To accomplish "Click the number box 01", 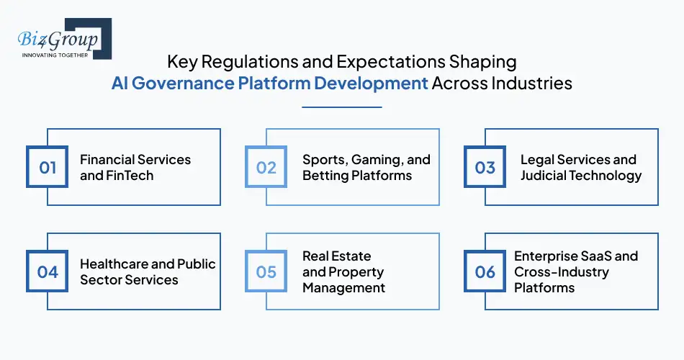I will pyautogui.click(x=48, y=168).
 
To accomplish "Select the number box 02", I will pyautogui.click(x=266, y=168).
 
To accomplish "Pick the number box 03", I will pyautogui.click(x=485, y=168).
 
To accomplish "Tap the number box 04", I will pyautogui.click(x=48, y=271).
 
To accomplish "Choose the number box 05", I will pyautogui.click(x=266, y=271).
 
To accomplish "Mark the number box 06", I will pyautogui.click(x=485, y=271).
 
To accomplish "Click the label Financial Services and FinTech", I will pyautogui.click(x=135, y=167).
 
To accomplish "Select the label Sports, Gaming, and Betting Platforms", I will pyautogui.click(x=366, y=167).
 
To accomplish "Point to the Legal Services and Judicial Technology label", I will pyautogui.click(x=580, y=167).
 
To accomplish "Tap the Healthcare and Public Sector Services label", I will pyautogui.click(x=148, y=271).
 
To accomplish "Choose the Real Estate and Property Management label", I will pyautogui.click(x=343, y=271).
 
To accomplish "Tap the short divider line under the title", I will pyautogui.click(x=341, y=107).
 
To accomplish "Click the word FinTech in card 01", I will pyautogui.click(x=130, y=175).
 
